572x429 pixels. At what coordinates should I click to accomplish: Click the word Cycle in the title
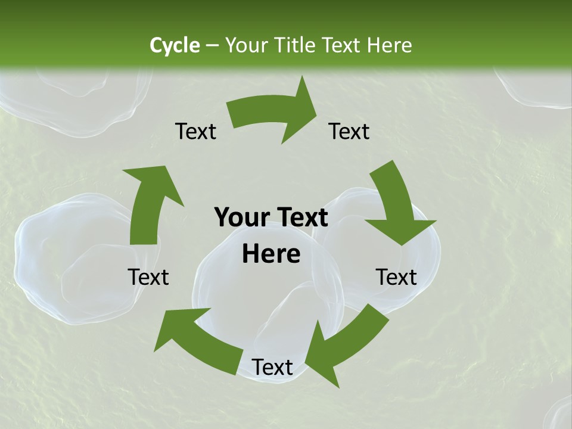click(175, 45)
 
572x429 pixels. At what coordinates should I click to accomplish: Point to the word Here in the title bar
click(389, 45)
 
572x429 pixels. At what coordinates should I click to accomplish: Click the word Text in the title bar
click(343, 45)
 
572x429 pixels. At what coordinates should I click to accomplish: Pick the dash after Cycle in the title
click(212, 46)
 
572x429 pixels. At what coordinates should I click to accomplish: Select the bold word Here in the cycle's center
click(271, 254)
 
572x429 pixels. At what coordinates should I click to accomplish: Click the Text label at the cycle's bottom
click(272, 368)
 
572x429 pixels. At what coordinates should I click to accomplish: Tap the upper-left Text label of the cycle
click(195, 131)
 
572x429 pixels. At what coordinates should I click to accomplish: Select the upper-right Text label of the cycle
click(349, 131)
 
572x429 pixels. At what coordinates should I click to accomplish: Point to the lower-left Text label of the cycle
click(148, 277)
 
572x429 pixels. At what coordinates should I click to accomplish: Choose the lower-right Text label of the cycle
click(396, 277)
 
